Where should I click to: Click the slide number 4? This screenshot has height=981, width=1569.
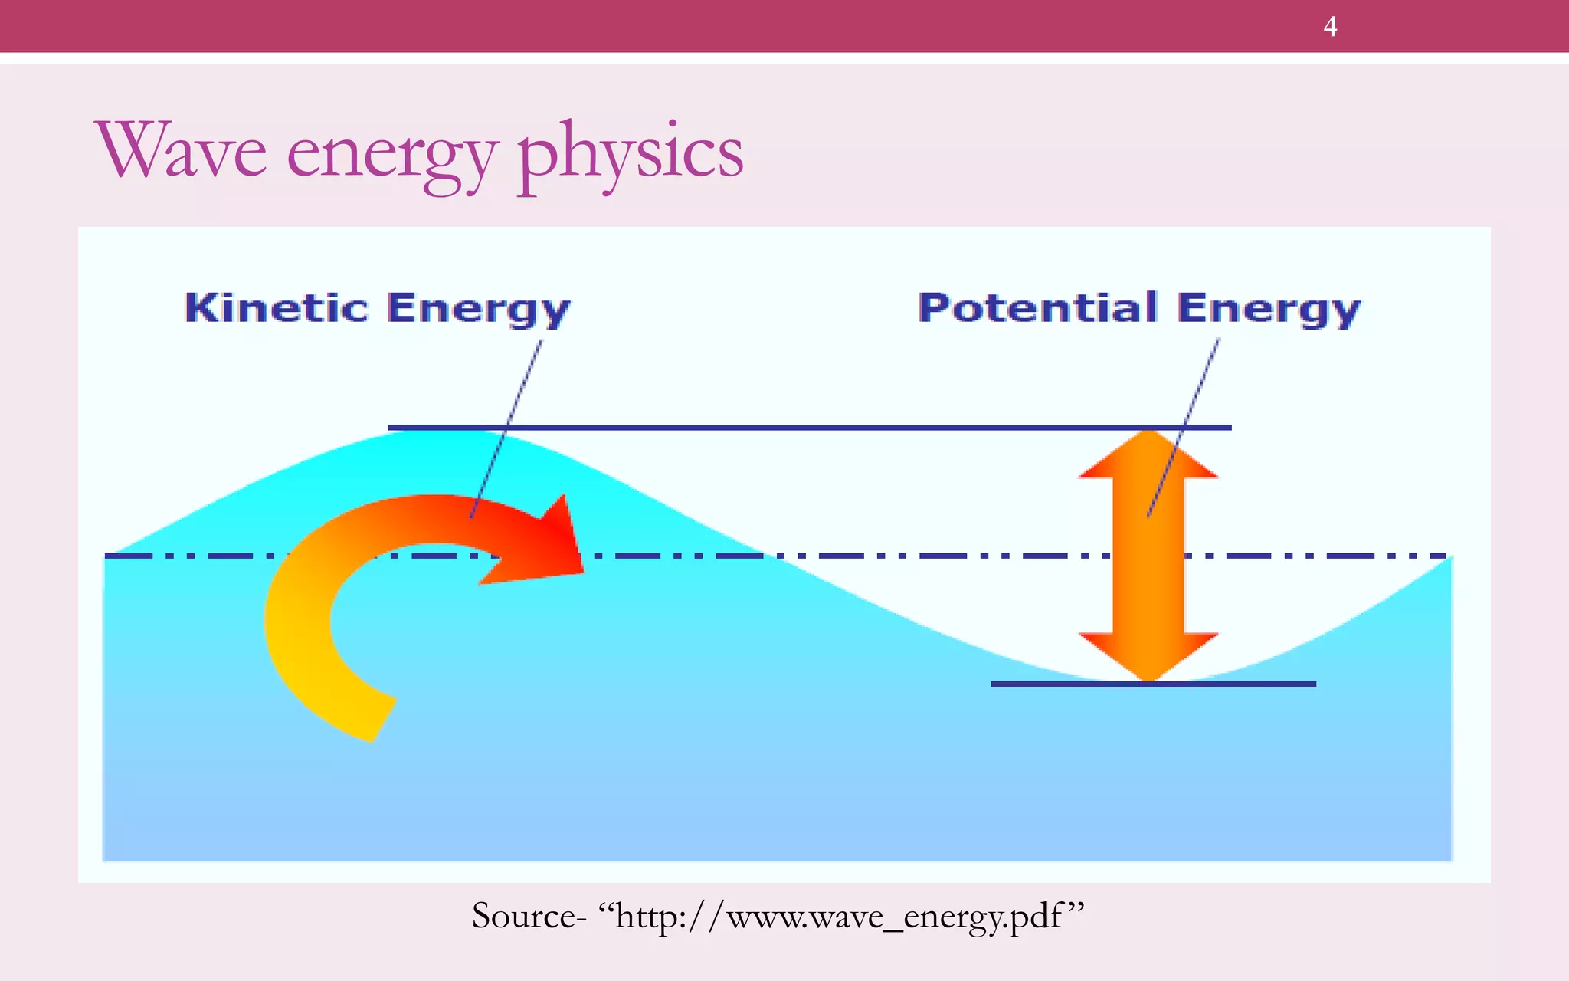[1330, 27]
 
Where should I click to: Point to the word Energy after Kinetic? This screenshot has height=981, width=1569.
[479, 310]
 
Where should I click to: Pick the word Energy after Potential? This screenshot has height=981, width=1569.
[1269, 310]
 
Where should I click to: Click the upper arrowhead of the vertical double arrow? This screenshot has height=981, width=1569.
[1148, 456]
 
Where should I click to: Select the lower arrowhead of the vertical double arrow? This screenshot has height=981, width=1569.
[1148, 655]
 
